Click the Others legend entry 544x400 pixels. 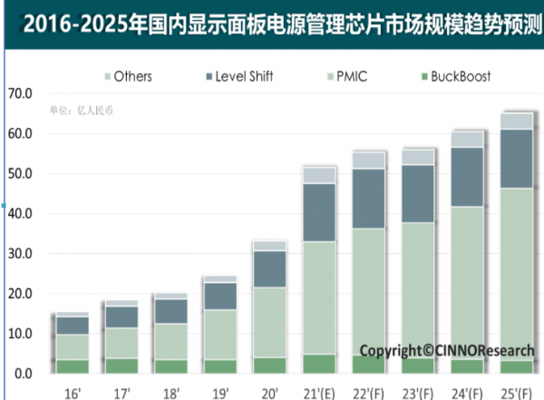128,76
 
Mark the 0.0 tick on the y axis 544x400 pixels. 23,374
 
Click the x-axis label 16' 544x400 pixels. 73,392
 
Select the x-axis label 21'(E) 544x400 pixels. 317,392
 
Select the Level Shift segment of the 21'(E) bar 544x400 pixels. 319,212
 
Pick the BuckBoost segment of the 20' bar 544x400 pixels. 269,366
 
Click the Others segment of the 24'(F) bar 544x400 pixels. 468,139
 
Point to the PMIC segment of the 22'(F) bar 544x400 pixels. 369,291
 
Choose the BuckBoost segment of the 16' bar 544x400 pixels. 73,366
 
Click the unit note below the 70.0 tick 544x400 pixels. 83,111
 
